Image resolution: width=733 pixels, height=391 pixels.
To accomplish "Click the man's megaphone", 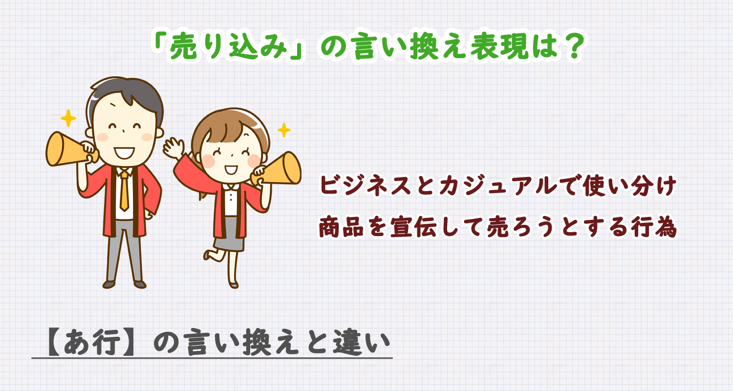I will coord(66,149).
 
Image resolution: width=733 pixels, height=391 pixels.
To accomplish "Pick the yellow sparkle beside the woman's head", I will coord(283,130).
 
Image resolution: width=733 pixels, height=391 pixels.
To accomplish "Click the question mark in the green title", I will coord(567,49).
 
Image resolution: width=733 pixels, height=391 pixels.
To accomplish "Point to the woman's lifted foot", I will coord(208,255).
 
